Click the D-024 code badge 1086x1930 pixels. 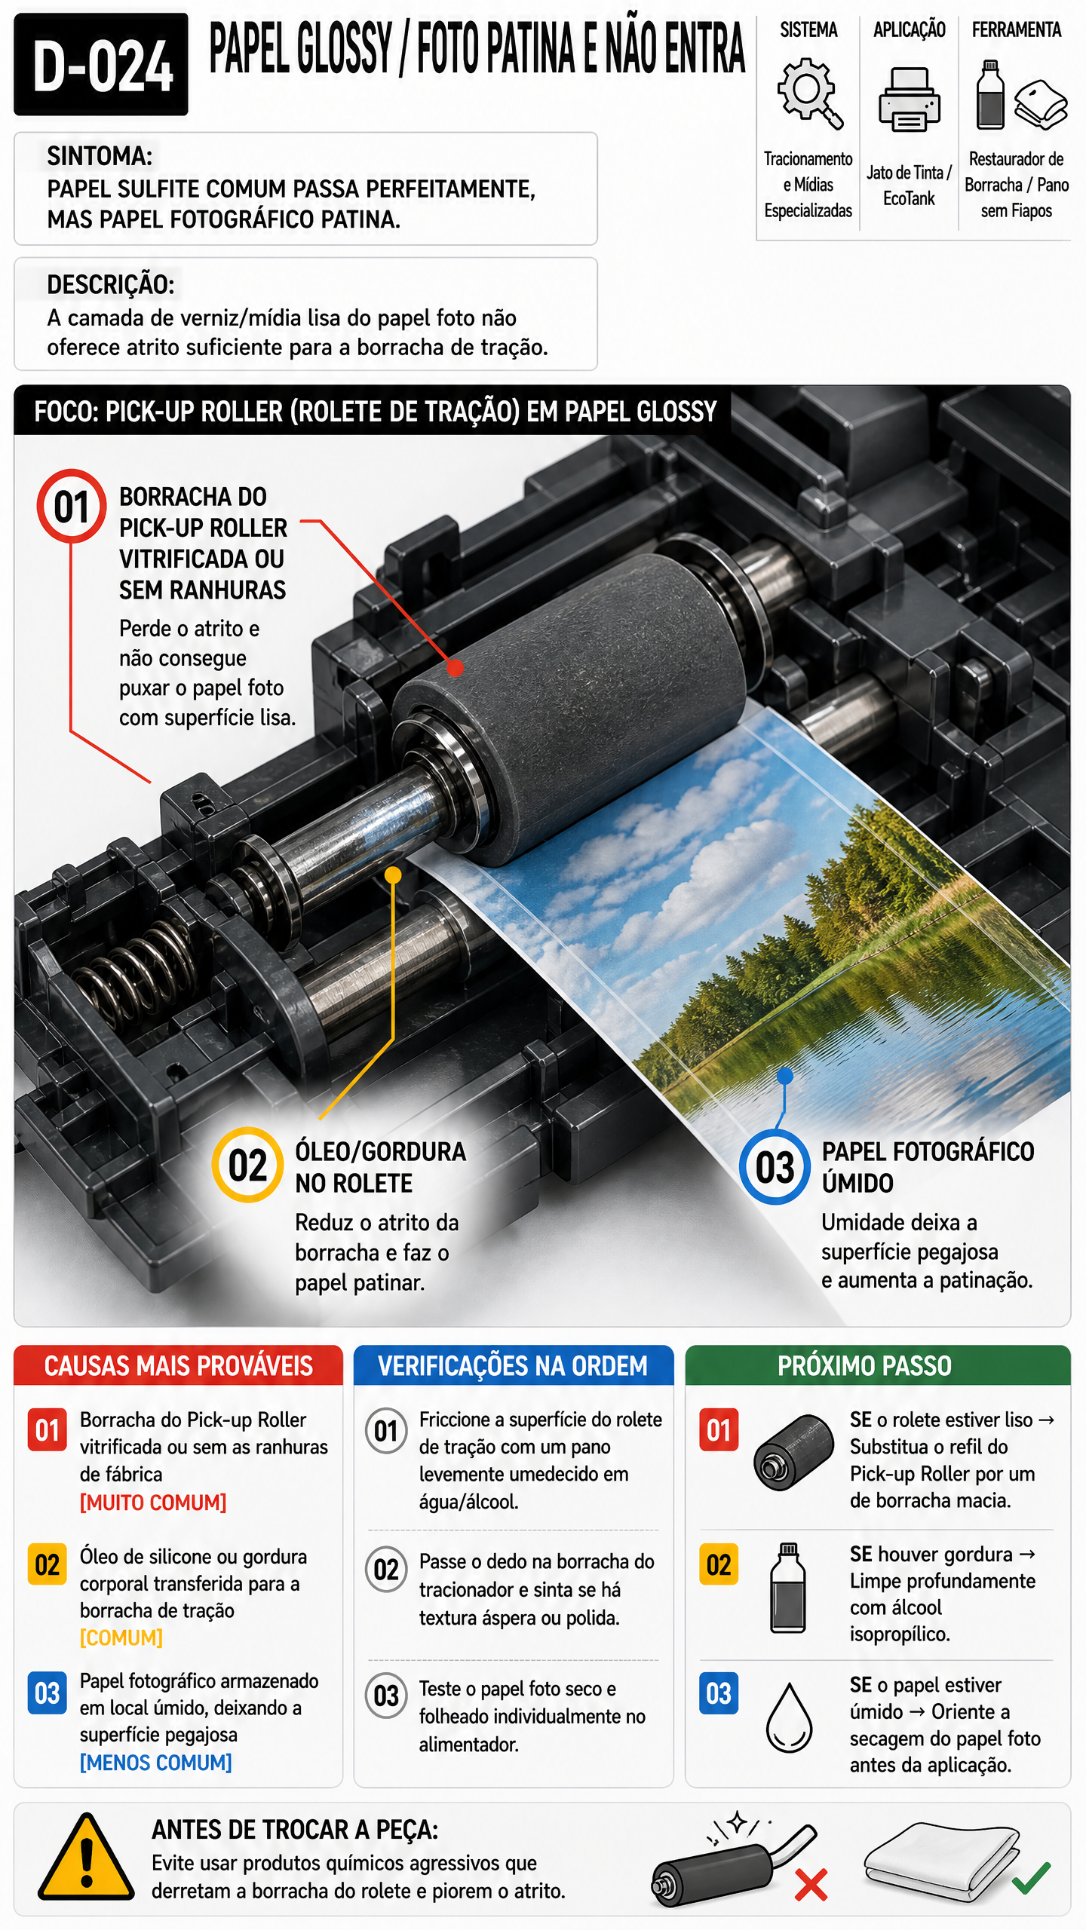[x=101, y=64]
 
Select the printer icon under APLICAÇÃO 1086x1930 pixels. [x=910, y=99]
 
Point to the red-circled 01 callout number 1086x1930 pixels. [x=72, y=506]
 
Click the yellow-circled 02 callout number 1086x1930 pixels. [x=247, y=1165]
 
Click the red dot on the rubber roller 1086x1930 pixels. [x=454, y=668]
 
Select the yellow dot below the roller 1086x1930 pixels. [x=393, y=875]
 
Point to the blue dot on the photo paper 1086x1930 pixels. [x=785, y=1076]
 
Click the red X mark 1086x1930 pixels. [x=811, y=1885]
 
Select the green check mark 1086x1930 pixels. [x=1031, y=1877]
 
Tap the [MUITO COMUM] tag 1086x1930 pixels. [x=153, y=1503]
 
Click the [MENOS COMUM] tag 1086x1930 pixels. [x=155, y=1763]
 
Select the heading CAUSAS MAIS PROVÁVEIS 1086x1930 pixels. [x=179, y=1365]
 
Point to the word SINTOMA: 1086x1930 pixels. [x=100, y=156]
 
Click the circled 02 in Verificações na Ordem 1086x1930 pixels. [x=386, y=1570]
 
